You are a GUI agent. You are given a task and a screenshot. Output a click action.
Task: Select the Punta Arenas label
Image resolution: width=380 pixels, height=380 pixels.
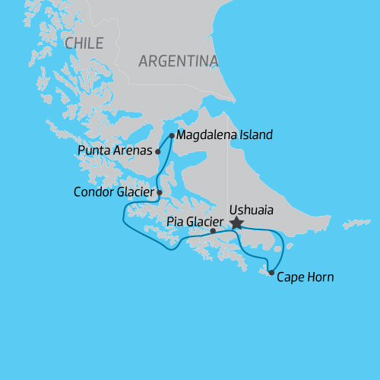click(115, 150)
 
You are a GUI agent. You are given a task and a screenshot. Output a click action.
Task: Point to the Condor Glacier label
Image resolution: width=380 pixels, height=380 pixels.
click(114, 192)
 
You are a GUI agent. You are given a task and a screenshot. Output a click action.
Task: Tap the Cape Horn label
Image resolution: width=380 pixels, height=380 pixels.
click(305, 277)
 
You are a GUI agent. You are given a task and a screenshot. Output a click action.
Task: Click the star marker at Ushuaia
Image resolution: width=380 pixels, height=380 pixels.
click(236, 223)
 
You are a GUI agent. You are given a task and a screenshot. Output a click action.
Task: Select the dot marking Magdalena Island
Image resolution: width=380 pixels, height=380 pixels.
click(173, 136)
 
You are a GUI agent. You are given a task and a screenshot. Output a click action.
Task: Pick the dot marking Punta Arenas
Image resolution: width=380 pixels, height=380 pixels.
click(158, 151)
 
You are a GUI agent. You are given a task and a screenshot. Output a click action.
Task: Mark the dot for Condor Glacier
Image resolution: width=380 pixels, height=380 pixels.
click(160, 192)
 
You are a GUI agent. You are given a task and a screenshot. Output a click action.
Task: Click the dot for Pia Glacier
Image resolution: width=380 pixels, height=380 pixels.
click(213, 231)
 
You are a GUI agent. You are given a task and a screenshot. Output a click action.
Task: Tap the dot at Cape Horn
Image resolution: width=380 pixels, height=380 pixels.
click(271, 272)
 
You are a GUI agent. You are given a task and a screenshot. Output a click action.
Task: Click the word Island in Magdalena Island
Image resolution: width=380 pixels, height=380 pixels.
click(255, 136)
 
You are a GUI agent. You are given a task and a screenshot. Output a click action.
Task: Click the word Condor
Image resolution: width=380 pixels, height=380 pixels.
click(93, 192)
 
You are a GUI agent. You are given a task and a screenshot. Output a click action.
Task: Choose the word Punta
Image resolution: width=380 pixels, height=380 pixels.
click(94, 150)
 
